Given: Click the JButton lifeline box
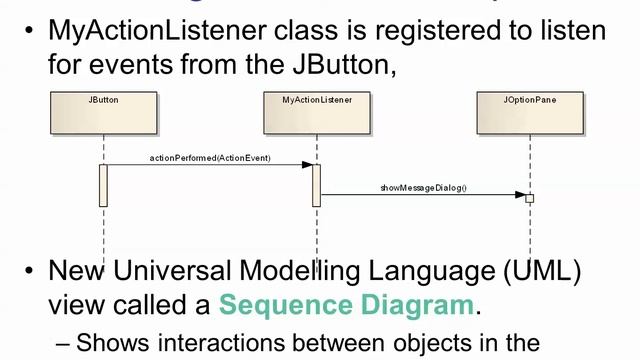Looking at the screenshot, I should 103,113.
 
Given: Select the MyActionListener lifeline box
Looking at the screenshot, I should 317,113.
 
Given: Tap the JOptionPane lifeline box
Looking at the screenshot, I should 530,113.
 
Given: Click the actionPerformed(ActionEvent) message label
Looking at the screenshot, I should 210,158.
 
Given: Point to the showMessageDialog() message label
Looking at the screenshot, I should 423,187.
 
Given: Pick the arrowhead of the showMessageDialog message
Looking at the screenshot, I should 521,194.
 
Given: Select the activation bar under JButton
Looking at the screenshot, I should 103,185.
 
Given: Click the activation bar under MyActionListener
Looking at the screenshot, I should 316,185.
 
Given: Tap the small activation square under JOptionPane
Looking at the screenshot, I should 530,198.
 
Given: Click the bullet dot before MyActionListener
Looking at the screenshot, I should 31,30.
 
